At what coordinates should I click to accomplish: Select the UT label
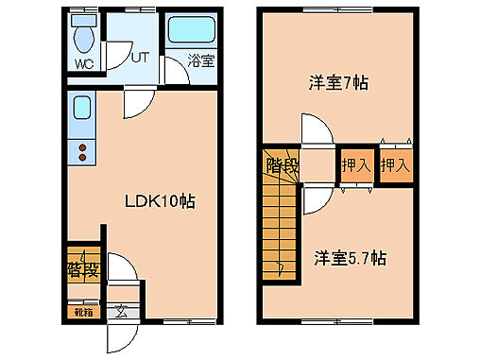[x=140, y=57]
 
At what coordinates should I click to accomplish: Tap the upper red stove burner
[x=81, y=146]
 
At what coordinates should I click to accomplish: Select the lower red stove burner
[x=81, y=159]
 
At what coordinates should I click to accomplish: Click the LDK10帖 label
[x=161, y=200]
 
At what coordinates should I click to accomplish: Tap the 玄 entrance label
[x=122, y=310]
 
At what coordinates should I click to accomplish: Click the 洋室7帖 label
[x=337, y=82]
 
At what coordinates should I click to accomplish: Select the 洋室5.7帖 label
[x=350, y=257]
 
